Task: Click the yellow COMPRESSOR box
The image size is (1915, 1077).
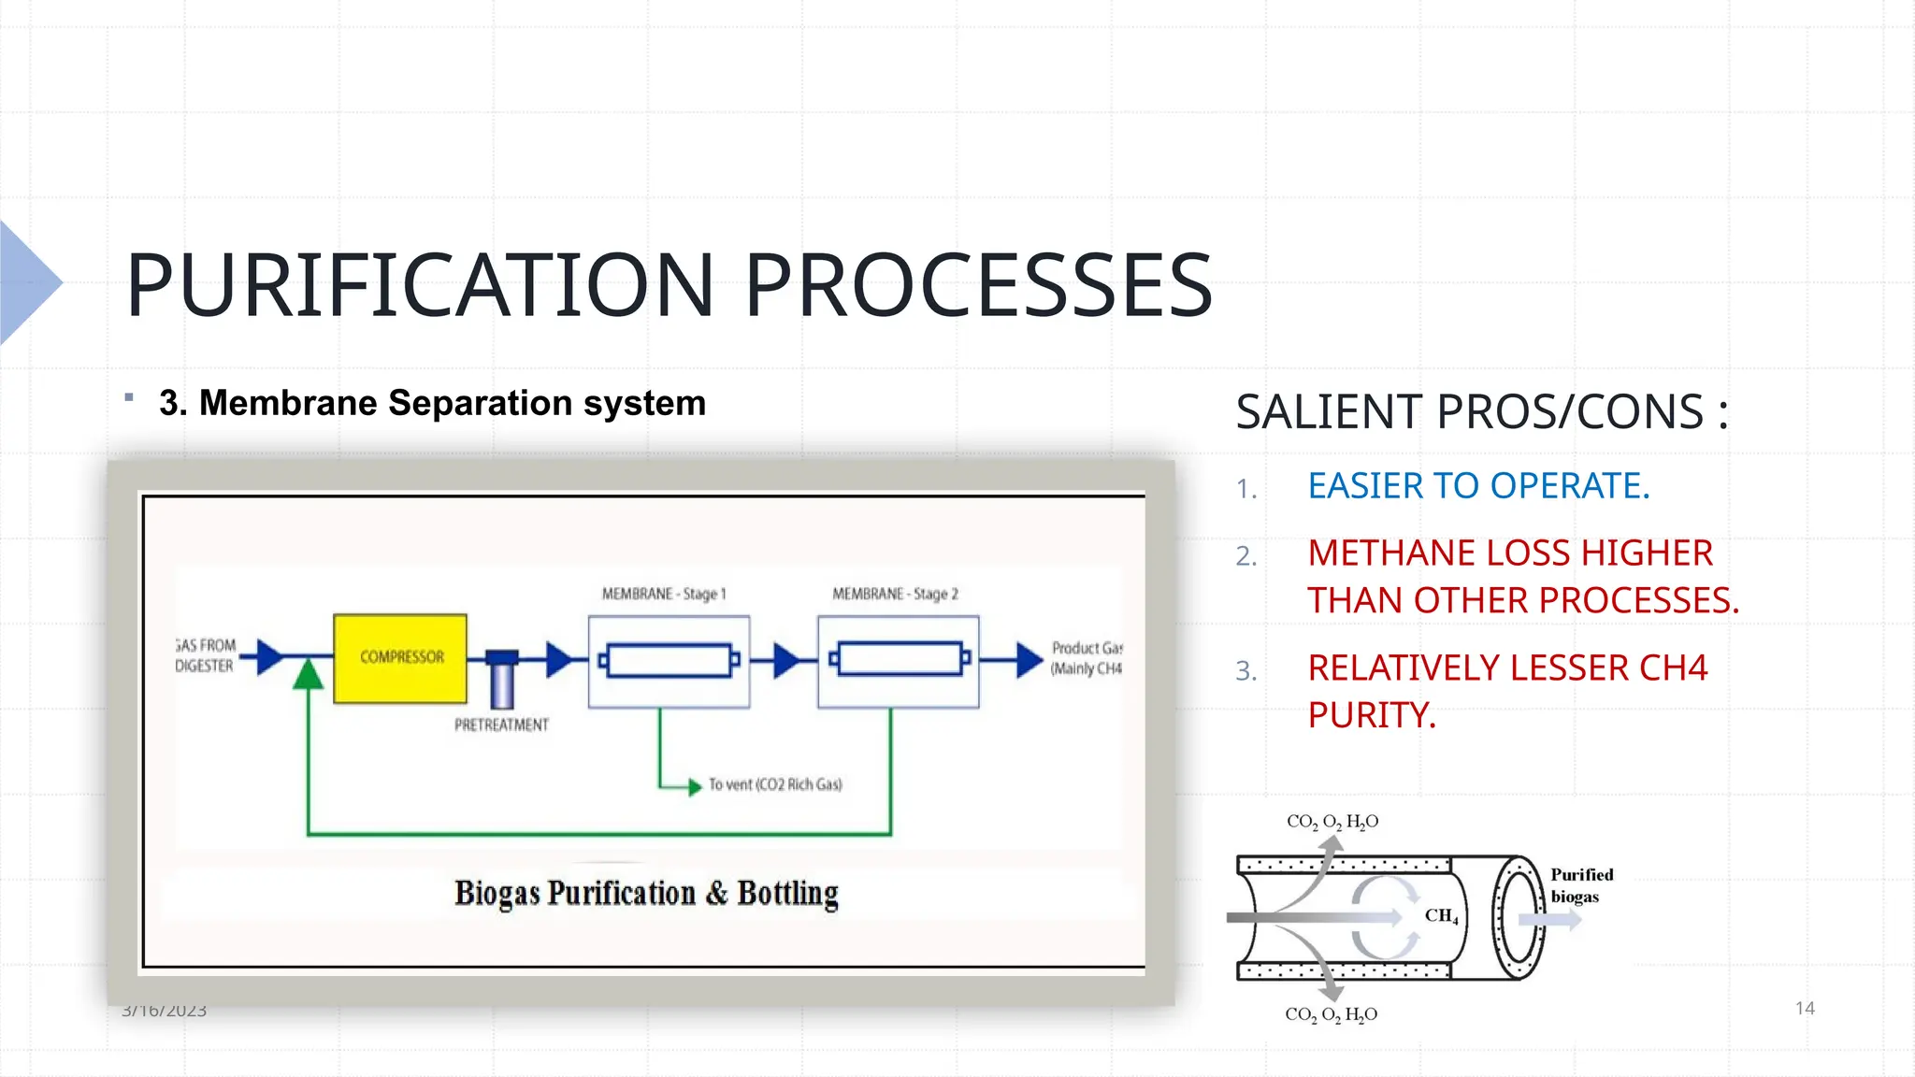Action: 400,658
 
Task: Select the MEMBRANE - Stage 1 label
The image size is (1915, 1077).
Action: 664,594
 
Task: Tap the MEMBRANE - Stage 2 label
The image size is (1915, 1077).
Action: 895,594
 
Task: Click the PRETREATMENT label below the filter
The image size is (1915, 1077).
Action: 501,725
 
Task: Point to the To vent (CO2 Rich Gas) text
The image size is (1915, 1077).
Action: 775,784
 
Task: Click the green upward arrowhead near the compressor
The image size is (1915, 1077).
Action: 308,674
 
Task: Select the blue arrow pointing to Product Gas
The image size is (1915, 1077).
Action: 1029,659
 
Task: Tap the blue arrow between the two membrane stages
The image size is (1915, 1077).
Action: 786,660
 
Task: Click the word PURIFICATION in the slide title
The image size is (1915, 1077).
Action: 420,285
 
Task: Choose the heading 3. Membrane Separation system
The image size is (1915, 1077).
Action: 432,403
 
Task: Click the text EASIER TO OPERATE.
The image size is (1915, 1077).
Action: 1478,486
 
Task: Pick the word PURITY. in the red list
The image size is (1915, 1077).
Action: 1372,715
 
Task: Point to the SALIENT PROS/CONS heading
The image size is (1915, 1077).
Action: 1481,412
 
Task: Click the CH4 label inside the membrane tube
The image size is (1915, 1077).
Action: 1441,916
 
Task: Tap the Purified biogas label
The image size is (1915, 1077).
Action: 1581,885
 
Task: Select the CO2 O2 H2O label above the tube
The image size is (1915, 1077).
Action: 1332,822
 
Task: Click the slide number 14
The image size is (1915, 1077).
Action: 1805,1008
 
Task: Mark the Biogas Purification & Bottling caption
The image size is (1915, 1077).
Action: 646,893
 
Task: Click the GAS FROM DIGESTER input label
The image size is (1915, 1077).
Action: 206,655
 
